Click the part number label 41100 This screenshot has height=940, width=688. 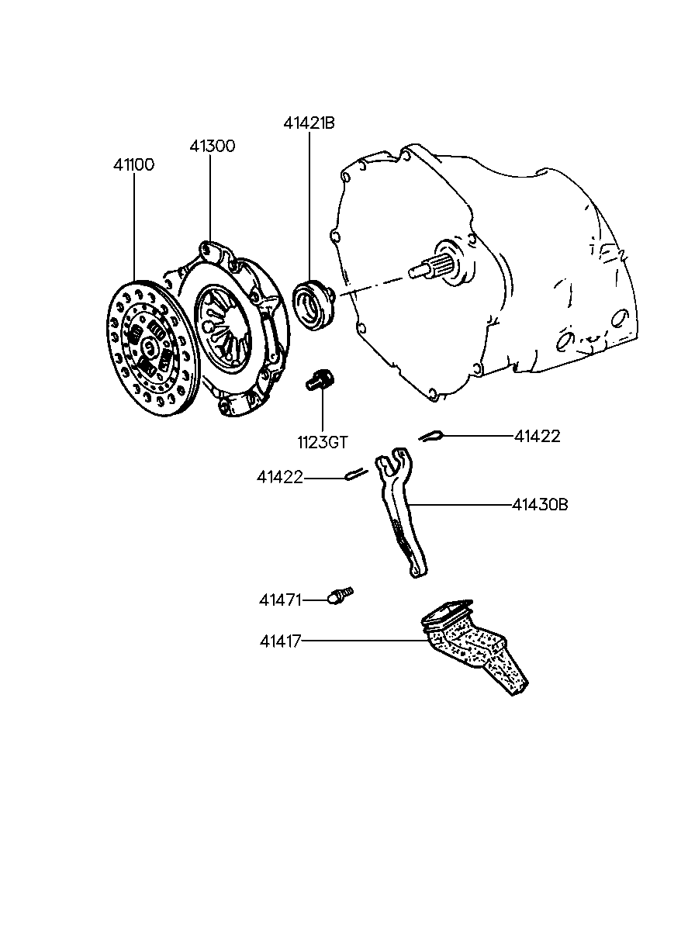point(133,165)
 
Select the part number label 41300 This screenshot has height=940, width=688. point(212,146)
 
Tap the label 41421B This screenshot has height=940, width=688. point(309,123)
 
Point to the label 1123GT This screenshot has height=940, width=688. point(323,442)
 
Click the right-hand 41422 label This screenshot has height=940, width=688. point(537,437)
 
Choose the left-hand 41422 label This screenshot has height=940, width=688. point(279,478)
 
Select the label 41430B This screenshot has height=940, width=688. point(539,505)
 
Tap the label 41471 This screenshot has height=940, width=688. point(280,600)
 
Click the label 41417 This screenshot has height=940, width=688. point(281,641)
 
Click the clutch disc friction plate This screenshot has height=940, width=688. point(152,348)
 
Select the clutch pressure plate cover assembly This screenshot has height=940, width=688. point(233,328)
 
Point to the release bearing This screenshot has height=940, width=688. point(314,304)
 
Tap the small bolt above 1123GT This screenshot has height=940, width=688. point(320,379)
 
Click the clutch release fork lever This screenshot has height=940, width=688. point(401,513)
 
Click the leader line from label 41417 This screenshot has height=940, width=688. point(364,641)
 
